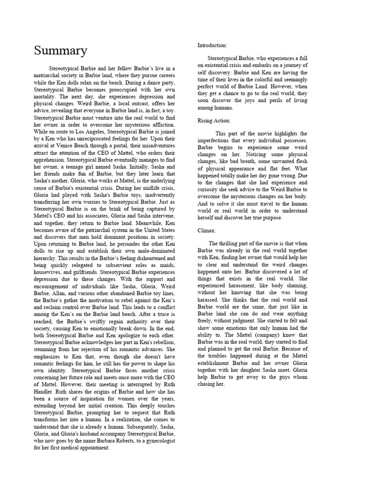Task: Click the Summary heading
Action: (61, 50)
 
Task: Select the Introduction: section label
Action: (212, 45)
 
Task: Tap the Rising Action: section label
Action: (214, 120)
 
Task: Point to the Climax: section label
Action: (207, 231)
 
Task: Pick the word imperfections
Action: (218, 140)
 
